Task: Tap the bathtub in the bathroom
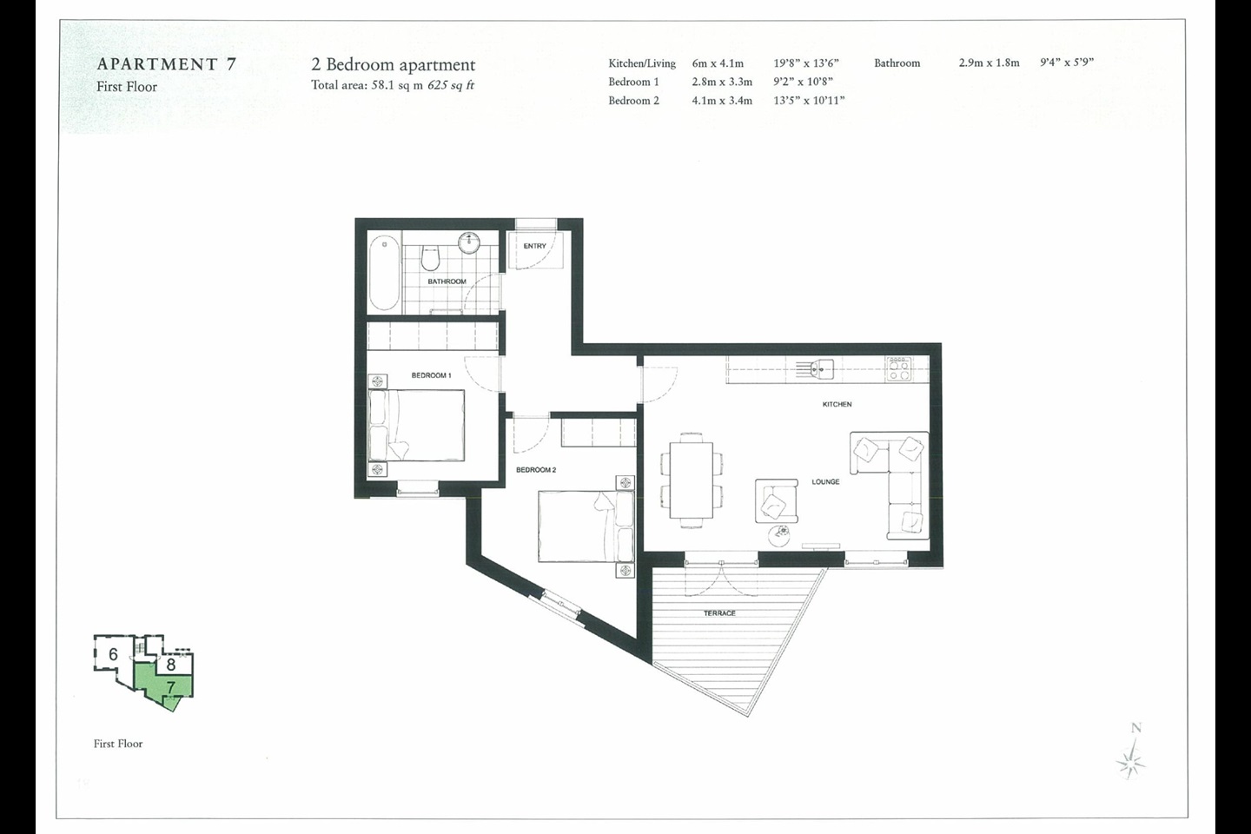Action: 384,273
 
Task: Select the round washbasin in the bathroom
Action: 469,243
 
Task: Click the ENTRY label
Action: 534,246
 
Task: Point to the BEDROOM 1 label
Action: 431,375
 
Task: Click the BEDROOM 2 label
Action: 536,470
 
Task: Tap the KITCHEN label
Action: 837,404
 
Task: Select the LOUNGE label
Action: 825,481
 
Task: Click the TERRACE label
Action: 719,612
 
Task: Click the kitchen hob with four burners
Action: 899,368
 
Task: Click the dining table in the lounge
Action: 692,480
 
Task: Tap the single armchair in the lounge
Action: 777,501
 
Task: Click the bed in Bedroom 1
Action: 417,425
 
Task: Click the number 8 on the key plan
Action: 171,665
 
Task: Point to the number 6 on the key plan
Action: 113,654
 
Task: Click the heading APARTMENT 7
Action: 167,64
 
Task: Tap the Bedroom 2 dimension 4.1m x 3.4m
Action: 722,101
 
